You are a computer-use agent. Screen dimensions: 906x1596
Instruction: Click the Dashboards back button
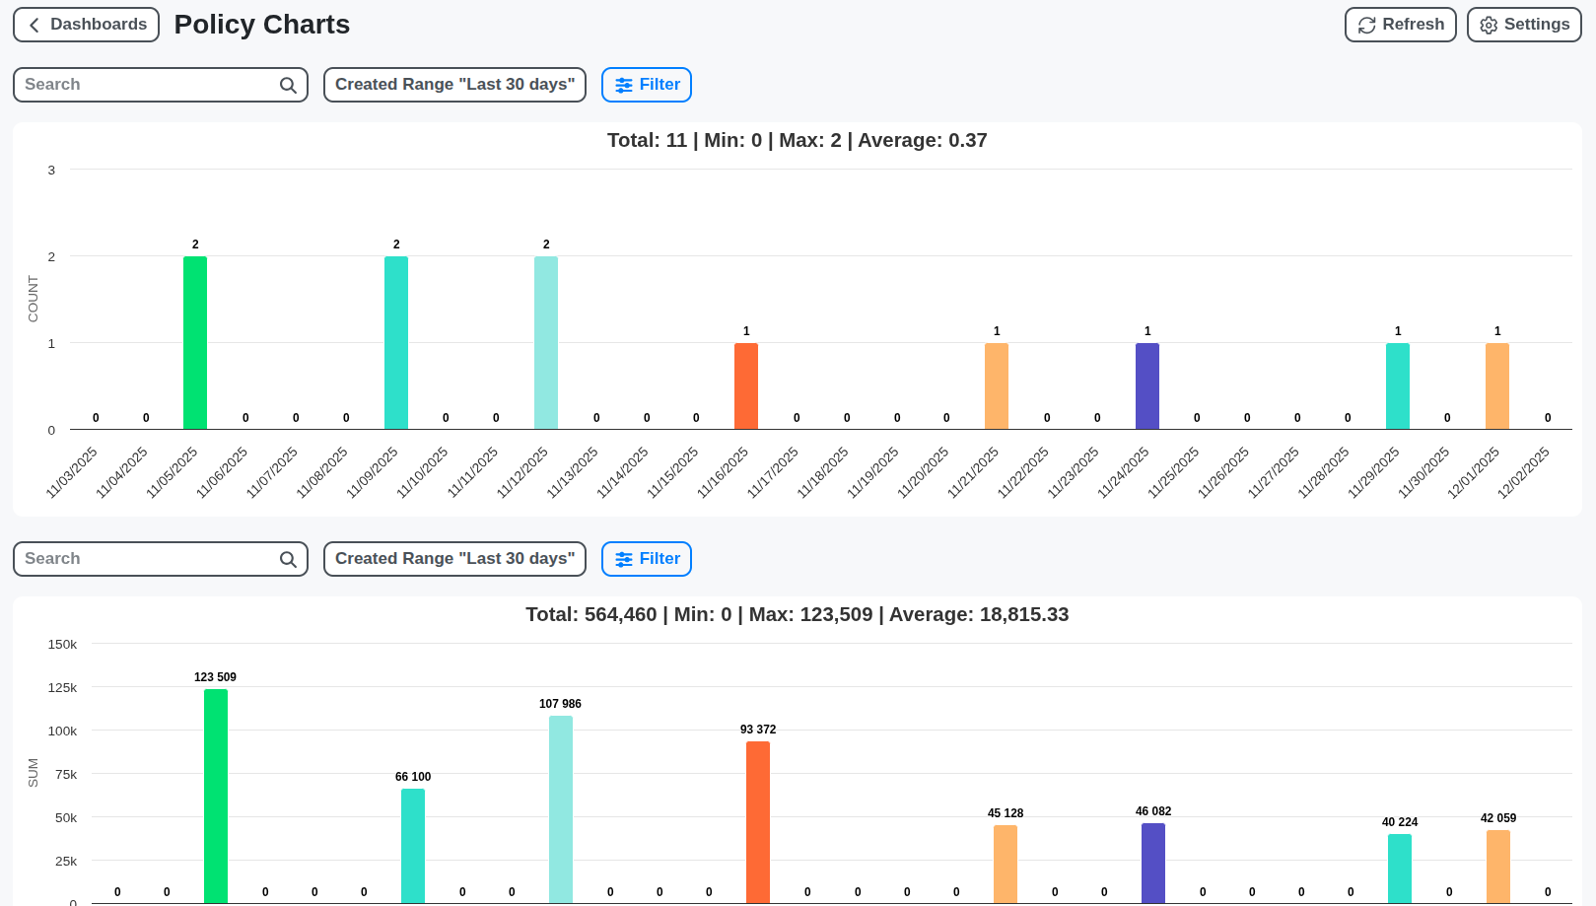pos(86,25)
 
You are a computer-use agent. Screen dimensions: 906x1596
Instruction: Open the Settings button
pos(1524,25)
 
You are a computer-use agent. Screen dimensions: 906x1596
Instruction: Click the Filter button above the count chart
pos(647,85)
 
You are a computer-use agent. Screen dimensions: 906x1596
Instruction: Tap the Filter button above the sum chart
pos(647,559)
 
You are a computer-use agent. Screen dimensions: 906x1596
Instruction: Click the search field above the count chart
pos(148,85)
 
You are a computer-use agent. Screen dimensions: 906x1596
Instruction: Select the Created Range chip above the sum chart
pos(454,559)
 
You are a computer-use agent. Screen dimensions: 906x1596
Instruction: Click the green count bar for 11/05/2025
pos(195,343)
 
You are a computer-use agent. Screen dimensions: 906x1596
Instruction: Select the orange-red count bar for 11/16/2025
pos(746,386)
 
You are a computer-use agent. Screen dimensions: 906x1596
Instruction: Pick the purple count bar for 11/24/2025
pos(1147,386)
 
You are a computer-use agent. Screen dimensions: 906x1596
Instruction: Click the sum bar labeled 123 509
pos(216,796)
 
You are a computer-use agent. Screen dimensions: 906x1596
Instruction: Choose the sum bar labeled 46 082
pos(1153,863)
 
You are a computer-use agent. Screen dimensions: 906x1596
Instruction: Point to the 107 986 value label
pos(560,704)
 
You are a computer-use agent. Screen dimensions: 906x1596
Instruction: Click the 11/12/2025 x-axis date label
pos(522,472)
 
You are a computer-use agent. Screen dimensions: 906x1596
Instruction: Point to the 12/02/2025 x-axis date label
pos(1523,472)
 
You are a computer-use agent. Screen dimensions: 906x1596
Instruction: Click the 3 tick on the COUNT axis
pos(51,171)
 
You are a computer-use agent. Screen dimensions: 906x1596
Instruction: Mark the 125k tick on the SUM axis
pos(62,687)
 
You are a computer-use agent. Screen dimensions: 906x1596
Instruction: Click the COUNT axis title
pos(33,299)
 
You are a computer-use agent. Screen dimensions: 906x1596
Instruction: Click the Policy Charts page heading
pos(262,25)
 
